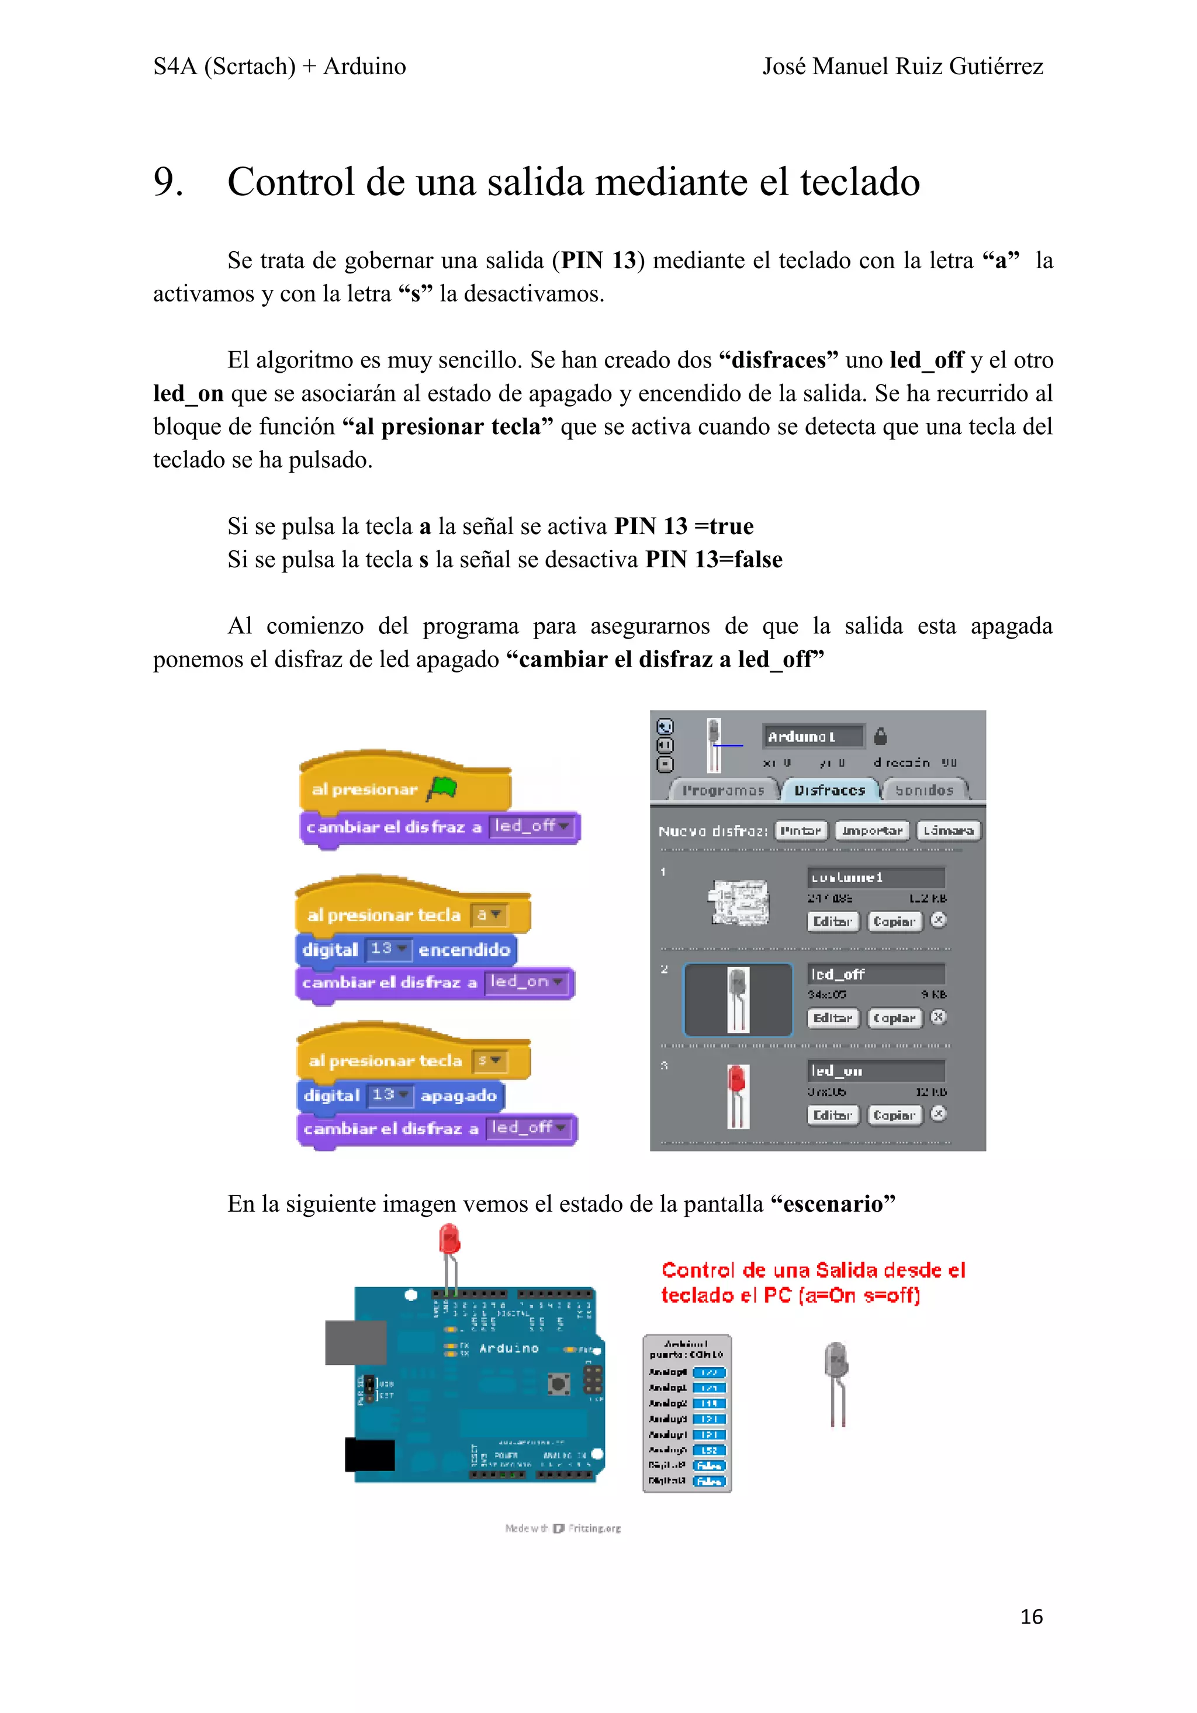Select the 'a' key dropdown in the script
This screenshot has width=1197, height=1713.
[489, 915]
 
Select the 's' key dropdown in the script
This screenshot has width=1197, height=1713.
[490, 1060]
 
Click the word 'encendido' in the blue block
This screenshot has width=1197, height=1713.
[463, 949]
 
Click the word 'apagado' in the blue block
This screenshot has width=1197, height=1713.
[458, 1095]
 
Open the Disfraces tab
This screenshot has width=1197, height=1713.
[829, 790]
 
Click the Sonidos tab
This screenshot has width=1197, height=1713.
[924, 790]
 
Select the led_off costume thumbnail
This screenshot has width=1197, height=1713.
[737, 999]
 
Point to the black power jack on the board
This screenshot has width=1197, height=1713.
[369, 1455]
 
